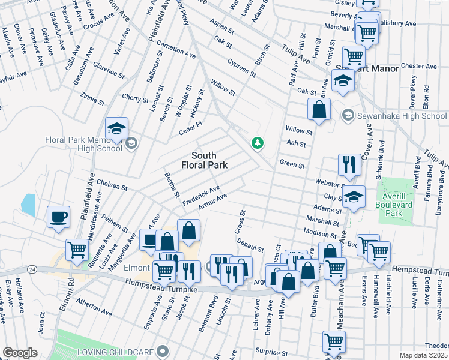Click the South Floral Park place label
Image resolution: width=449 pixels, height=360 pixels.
[204, 160]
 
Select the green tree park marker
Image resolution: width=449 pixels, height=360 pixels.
[257, 143]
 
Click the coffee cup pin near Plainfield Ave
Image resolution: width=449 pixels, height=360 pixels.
[58, 217]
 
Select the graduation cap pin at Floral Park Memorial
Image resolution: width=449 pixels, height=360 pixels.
[117, 128]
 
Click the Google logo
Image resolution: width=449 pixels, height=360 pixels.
[20, 353]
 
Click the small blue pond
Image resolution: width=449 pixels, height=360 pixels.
[28, 205]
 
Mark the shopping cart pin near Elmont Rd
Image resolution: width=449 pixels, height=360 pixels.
[77, 250]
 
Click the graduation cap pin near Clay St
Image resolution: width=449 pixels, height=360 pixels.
[354, 197]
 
